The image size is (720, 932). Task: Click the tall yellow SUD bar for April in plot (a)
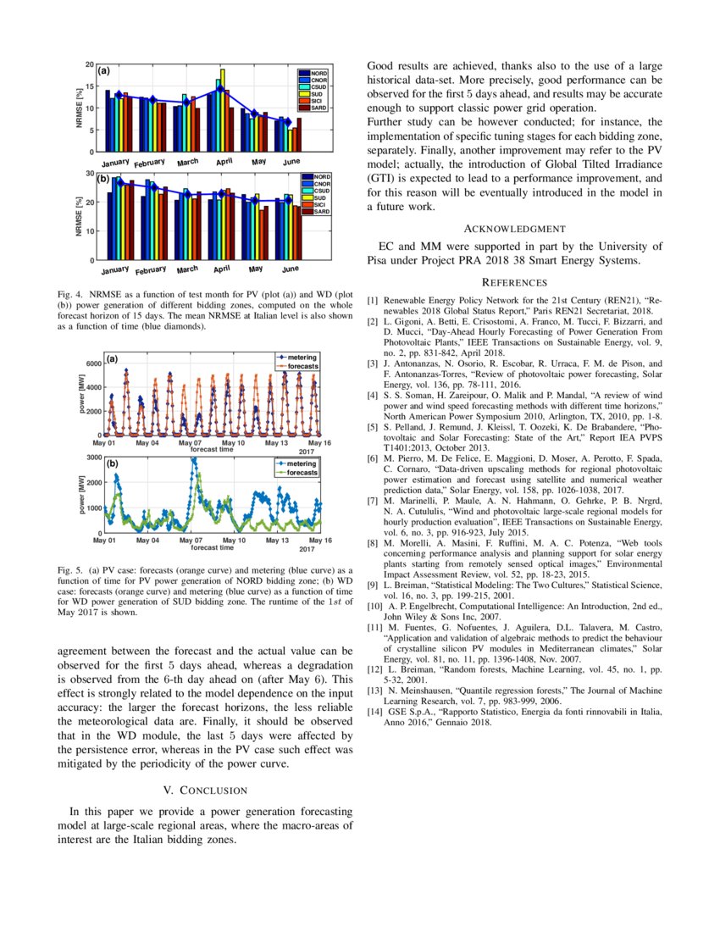223,110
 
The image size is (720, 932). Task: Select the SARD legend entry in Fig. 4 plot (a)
319,108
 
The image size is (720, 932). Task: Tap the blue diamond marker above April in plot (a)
219,88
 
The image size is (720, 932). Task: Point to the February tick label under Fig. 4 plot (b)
151,270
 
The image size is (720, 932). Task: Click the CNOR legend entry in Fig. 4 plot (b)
319,184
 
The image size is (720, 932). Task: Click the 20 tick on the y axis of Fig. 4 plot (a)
90,64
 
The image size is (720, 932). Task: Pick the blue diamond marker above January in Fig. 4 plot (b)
120,182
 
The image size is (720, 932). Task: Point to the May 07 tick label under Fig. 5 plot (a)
191,443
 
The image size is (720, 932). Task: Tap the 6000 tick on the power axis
92,363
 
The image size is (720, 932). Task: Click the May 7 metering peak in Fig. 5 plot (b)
194,460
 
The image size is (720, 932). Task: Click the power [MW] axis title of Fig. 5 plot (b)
82,495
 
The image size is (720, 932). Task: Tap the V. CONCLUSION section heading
205,791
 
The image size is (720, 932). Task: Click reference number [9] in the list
373,585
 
